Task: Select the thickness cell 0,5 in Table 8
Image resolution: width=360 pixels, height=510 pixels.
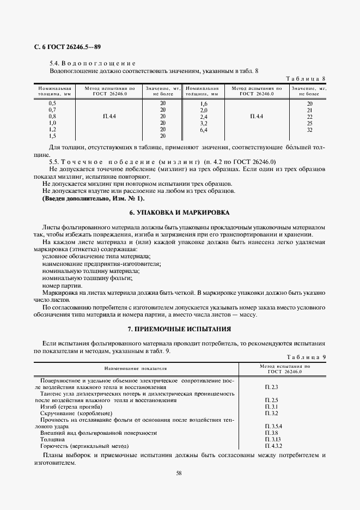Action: coord(52,103)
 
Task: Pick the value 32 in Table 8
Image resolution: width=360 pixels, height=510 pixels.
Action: coord(309,130)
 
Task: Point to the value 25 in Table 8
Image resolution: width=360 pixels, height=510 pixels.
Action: coord(309,123)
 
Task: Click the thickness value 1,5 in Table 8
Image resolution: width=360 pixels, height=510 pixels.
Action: coord(52,136)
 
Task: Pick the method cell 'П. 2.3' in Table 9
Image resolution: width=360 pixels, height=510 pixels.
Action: coord(271,387)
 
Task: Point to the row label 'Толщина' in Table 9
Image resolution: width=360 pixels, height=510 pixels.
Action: coord(53,439)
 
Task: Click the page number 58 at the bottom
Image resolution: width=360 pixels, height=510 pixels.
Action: coord(179,473)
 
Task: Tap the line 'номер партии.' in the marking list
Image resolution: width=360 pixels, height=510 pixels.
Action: coord(62,286)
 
